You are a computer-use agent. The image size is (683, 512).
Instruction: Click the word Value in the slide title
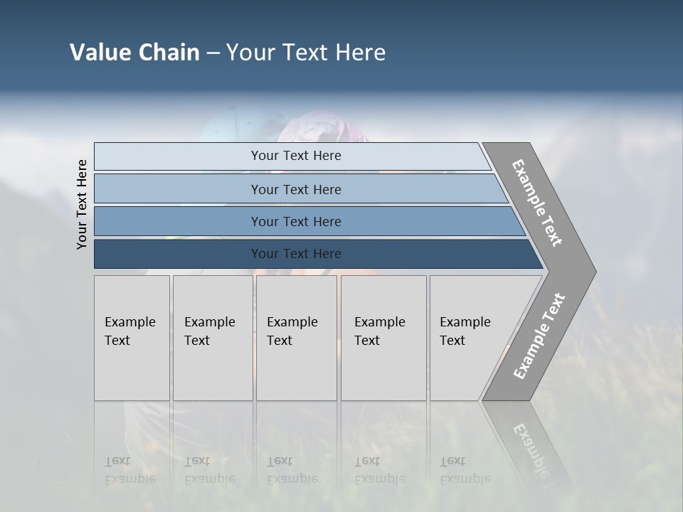[99, 53]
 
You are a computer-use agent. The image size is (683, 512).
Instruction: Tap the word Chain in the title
[167, 53]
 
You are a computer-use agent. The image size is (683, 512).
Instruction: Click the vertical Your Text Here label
[82, 204]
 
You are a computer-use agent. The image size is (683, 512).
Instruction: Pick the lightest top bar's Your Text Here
[296, 156]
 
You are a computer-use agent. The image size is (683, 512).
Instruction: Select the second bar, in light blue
[296, 189]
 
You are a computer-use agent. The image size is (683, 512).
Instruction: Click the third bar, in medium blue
[296, 221]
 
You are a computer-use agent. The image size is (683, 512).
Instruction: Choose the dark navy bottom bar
[296, 254]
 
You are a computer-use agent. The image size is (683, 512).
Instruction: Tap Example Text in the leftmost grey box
[129, 331]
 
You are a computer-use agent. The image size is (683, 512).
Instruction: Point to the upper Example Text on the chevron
[537, 203]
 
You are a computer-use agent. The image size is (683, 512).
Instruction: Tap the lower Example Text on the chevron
[539, 336]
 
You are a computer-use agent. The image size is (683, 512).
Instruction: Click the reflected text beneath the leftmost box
[129, 470]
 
